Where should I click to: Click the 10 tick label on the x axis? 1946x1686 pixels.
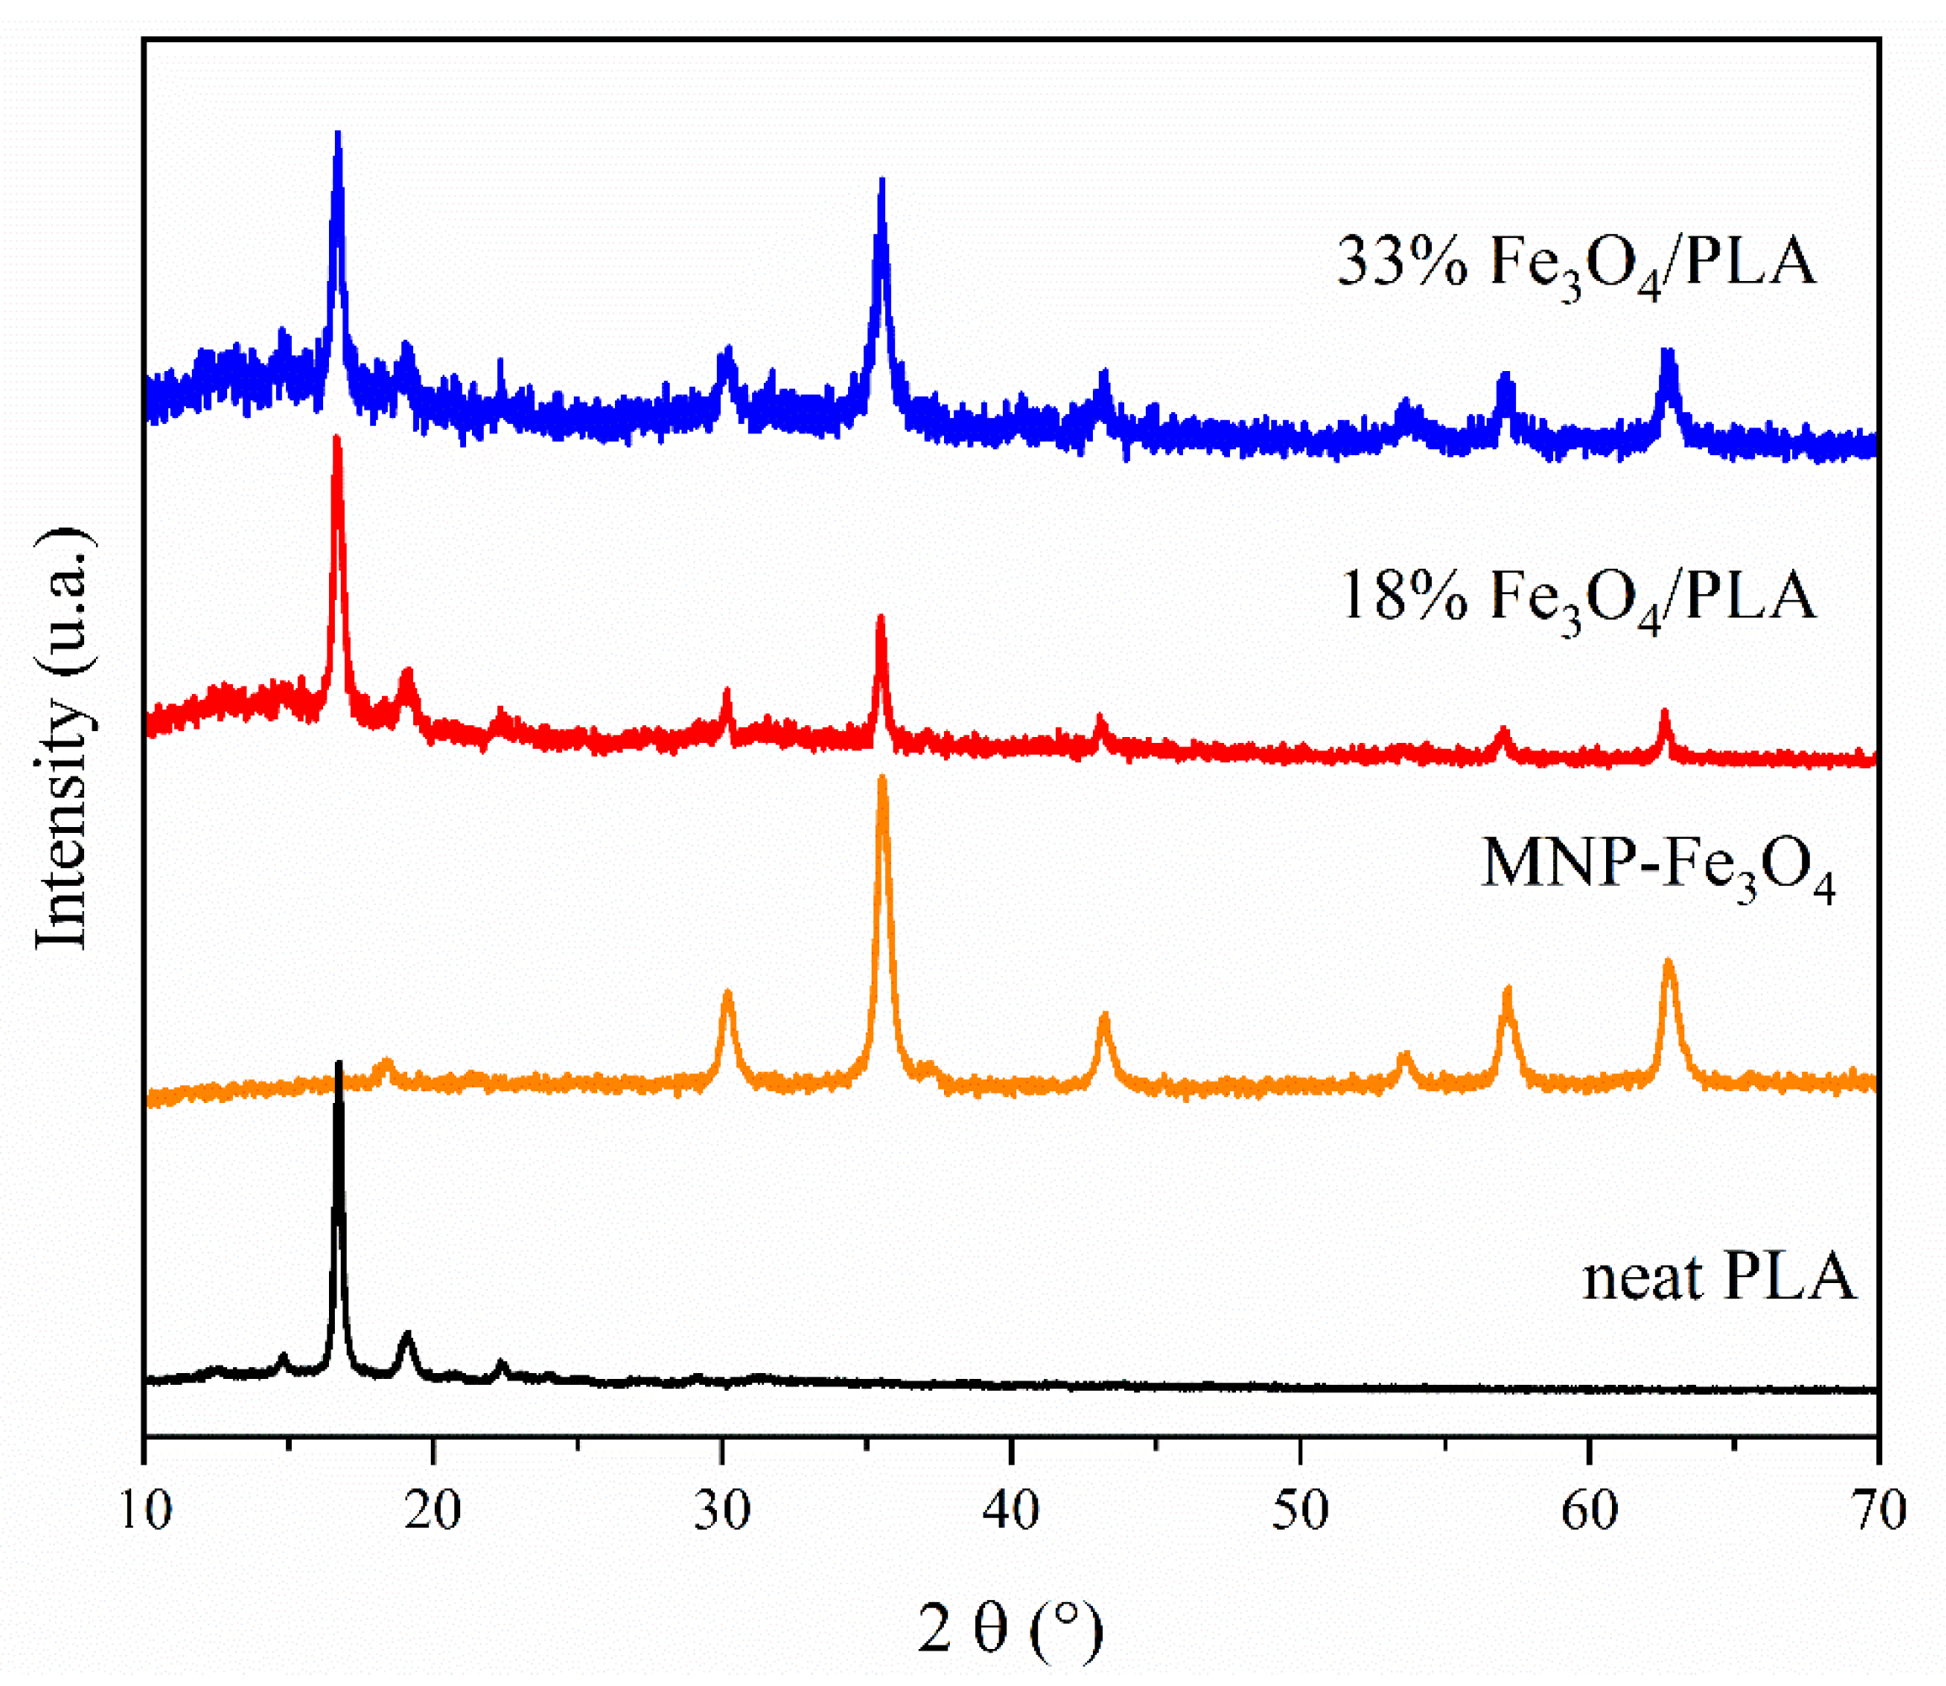tap(146, 1512)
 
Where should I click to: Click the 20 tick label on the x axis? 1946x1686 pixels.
tap(434, 1512)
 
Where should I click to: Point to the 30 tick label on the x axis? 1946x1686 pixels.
tap(723, 1512)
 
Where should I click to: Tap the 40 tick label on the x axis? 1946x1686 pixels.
tap(1011, 1512)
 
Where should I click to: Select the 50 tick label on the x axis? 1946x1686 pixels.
tap(1301, 1512)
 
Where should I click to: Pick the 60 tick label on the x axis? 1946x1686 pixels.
tap(1589, 1512)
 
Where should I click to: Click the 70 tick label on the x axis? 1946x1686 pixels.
tap(1878, 1512)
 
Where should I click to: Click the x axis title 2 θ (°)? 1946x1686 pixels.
tap(1010, 1629)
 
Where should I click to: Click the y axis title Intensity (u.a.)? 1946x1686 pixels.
tap(64, 738)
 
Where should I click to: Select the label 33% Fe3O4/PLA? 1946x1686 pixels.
tap(1576, 263)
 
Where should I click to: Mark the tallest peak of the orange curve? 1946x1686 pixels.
tap(882, 779)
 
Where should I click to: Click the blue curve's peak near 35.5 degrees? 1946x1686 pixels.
tap(882, 181)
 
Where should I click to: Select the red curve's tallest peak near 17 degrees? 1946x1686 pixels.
tap(337, 439)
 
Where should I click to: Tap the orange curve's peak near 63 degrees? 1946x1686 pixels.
tap(1668, 962)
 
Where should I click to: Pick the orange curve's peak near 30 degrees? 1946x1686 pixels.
tap(726, 994)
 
